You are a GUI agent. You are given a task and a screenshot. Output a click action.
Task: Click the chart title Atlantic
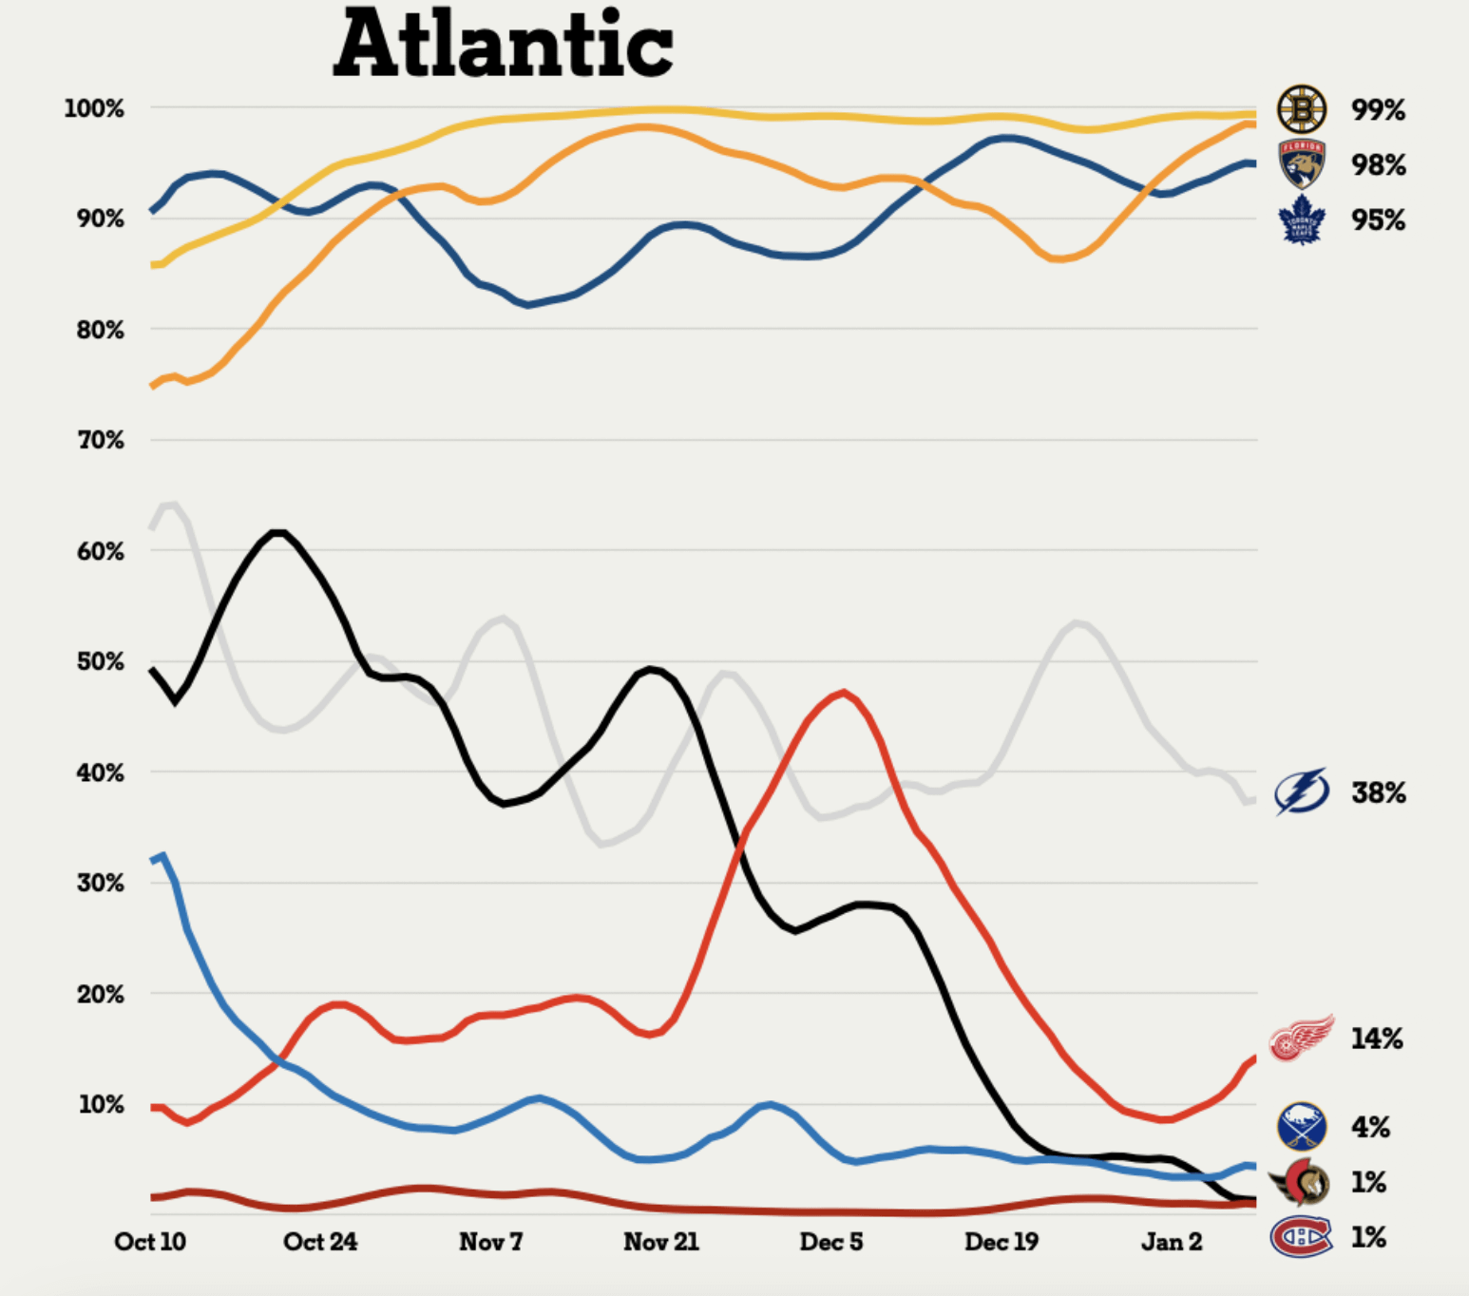(x=504, y=44)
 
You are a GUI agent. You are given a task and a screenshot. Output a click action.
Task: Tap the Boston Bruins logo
(x=1301, y=109)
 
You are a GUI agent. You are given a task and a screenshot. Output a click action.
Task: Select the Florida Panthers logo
(x=1302, y=163)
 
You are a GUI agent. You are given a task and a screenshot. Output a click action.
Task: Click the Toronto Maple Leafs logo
(x=1302, y=219)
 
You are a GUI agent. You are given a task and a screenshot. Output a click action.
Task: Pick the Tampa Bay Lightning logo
(x=1301, y=791)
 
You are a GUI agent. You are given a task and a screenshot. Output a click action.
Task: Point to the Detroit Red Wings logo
(x=1301, y=1038)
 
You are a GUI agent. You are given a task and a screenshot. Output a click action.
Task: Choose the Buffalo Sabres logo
(x=1301, y=1126)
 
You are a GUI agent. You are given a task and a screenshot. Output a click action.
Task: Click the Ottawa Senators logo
(x=1301, y=1182)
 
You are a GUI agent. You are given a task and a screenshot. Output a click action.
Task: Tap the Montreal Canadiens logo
(x=1301, y=1236)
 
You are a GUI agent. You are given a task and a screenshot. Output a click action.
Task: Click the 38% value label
(x=1378, y=792)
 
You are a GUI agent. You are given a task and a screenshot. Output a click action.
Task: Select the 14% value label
(x=1377, y=1039)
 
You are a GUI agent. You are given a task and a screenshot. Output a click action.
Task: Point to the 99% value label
(x=1378, y=110)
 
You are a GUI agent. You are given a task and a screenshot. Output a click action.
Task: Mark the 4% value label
(x=1370, y=1127)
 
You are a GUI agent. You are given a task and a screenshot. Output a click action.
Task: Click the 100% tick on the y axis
(x=94, y=108)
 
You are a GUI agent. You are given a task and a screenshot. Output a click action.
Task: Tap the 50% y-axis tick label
(x=100, y=661)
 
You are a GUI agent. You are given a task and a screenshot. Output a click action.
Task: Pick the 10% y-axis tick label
(x=101, y=1104)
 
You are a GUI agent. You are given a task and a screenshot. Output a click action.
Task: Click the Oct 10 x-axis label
(x=150, y=1241)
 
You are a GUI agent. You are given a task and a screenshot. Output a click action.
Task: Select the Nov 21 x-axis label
(x=661, y=1241)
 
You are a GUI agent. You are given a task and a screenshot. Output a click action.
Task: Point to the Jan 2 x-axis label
(x=1172, y=1241)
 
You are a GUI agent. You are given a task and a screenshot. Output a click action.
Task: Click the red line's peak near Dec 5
(x=843, y=693)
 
